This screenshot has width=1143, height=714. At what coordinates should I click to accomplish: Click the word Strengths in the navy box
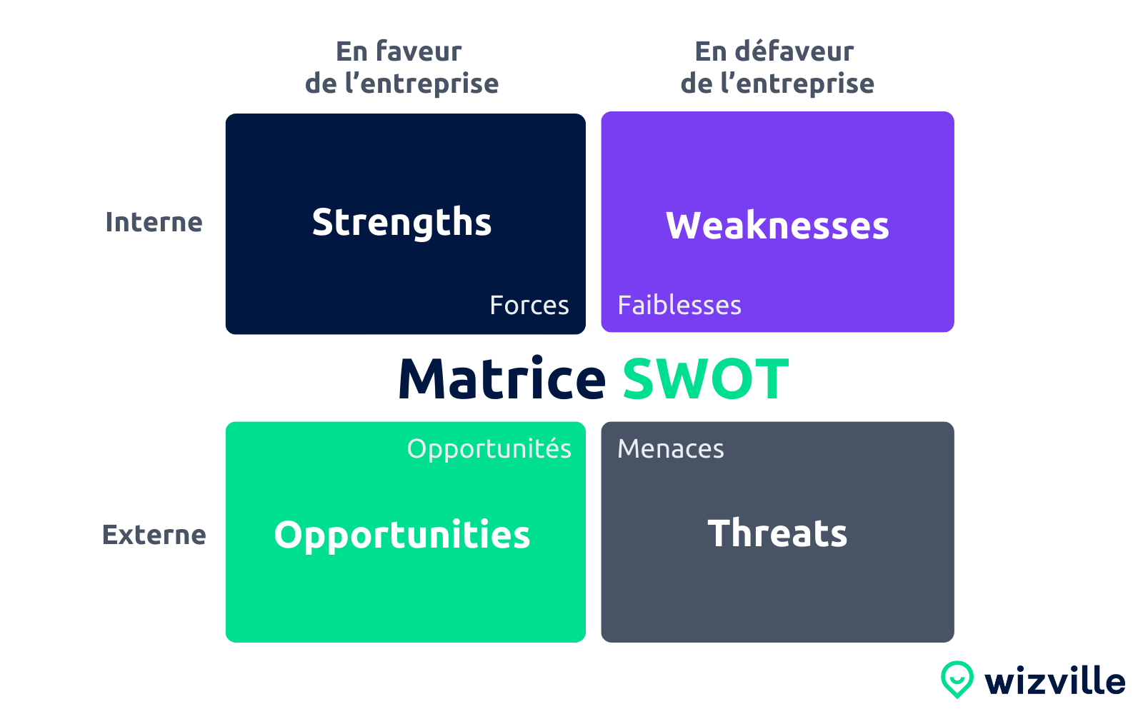[x=401, y=223]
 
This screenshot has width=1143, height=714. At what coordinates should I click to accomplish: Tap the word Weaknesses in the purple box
[x=777, y=226]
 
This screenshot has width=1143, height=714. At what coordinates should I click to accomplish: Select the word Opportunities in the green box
[x=402, y=535]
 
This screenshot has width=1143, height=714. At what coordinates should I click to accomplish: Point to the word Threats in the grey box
[x=777, y=533]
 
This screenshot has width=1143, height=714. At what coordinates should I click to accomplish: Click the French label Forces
[x=529, y=306]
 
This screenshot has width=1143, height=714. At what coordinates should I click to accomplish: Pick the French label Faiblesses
[x=679, y=306]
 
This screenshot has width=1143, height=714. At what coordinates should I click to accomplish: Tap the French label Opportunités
[x=489, y=449]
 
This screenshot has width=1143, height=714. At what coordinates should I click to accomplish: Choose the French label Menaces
[x=671, y=449]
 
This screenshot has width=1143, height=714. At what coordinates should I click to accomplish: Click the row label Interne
[x=154, y=223]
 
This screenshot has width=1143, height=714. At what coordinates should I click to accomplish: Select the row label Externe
[x=154, y=535]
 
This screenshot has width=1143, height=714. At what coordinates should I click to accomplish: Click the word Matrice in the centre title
[x=502, y=379]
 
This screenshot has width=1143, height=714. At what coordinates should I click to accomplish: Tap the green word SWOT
[x=706, y=379]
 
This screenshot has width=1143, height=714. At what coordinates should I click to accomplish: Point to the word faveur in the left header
[x=419, y=51]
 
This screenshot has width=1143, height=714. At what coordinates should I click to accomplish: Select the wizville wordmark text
[x=1054, y=681]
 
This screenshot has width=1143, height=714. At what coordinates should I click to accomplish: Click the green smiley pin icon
[x=957, y=678]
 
